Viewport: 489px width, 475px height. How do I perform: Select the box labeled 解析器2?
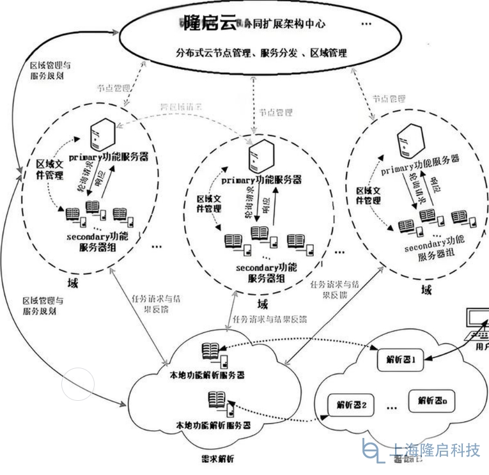[x=350, y=405]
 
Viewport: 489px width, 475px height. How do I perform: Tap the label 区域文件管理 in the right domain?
[x=368, y=195]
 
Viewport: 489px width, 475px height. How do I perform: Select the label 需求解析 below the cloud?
[x=217, y=458]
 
